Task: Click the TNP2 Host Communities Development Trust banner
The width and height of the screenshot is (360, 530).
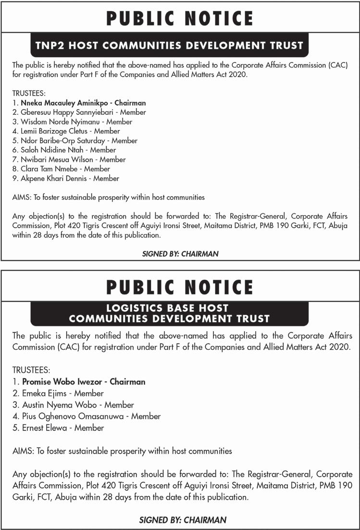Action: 169,46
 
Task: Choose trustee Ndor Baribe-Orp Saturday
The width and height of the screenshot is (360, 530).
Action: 57,141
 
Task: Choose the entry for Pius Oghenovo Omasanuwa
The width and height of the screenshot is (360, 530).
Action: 68,416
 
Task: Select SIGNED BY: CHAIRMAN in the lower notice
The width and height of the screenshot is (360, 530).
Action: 183,519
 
